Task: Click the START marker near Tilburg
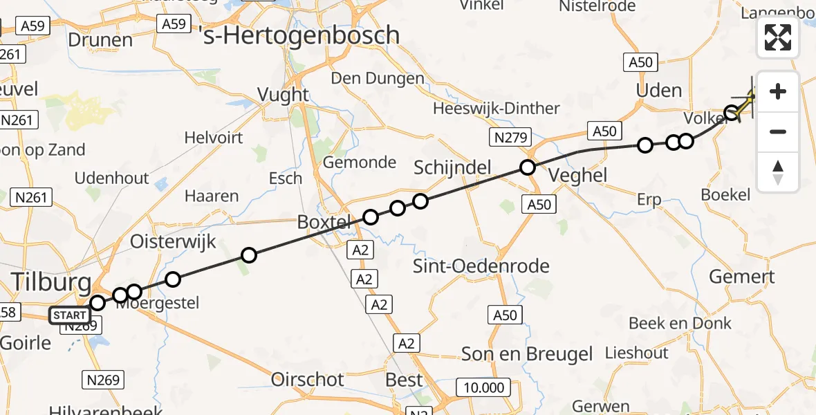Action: coord(69,316)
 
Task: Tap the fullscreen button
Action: coord(778,37)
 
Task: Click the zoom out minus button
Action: coord(778,131)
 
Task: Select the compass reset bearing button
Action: coord(778,172)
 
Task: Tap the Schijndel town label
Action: coord(452,167)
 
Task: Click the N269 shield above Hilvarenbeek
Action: coord(104,379)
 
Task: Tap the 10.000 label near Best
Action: coord(484,387)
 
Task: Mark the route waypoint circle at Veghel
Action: coord(528,167)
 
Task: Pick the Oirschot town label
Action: coord(308,380)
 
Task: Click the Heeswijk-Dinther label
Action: coord(497,109)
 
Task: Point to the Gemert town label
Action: coord(742,277)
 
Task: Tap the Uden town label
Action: coord(659,91)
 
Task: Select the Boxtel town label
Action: coord(325,222)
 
